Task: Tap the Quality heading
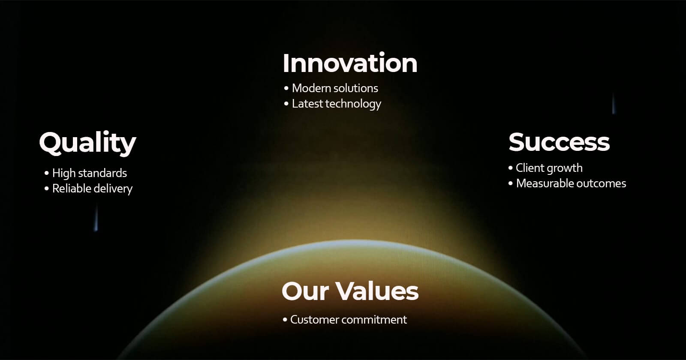coord(87,143)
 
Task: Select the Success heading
coord(559,142)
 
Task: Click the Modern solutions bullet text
coord(335,88)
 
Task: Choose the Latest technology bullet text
coord(337,104)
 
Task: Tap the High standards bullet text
coord(90,173)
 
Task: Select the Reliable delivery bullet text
coord(93,189)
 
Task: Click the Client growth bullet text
coord(549,168)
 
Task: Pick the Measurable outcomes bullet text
coord(571,183)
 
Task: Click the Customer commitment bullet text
coord(349,320)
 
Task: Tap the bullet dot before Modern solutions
coord(286,88)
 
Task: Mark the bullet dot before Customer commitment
coord(285,320)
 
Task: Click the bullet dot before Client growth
coord(511,168)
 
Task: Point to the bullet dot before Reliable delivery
coord(47,189)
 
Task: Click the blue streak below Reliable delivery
coord(96,218)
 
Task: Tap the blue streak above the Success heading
coord(614,103)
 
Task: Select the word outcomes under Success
coord(599,183)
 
